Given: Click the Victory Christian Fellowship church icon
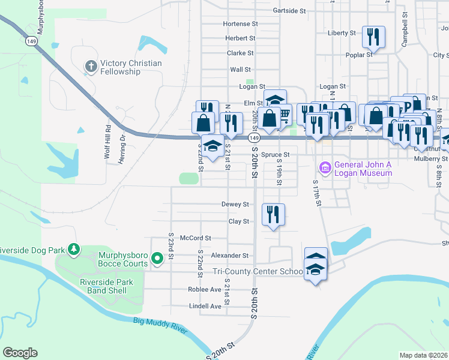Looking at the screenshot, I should coord(91,65).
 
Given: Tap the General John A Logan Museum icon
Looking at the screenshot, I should coord(326,167).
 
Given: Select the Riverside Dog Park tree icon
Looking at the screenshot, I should coord(73,248).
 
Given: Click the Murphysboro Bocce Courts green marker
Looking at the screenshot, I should coord(157,259).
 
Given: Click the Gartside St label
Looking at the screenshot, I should coord(289,11).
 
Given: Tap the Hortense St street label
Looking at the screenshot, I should coord(240,24).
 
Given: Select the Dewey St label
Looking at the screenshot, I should coord(235,205).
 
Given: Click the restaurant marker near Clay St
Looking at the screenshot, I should coord(274,214).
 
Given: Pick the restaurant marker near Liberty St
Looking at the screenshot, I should coord(374,37).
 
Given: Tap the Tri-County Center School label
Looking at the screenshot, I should coord(258,272).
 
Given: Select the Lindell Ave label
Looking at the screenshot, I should coord(205,306).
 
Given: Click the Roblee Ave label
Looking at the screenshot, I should coord(205,289).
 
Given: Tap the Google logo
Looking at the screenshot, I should coord(20,353).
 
